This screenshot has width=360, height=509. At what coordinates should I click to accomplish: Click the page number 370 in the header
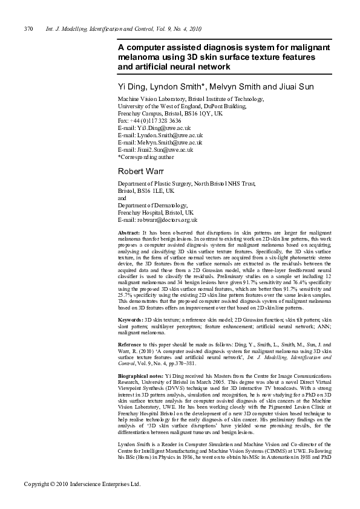click(x=28, y=28)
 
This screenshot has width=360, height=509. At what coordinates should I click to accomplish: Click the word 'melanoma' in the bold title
click(x=140, y=56)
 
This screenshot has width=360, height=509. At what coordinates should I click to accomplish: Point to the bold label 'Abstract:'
click(x=129, y=233)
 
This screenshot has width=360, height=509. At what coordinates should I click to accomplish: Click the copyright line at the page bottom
click(x=82, y=484)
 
